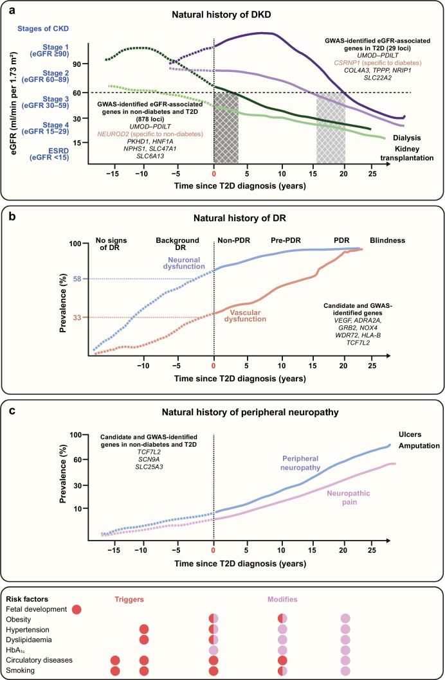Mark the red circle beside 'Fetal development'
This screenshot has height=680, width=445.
(77, 609)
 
